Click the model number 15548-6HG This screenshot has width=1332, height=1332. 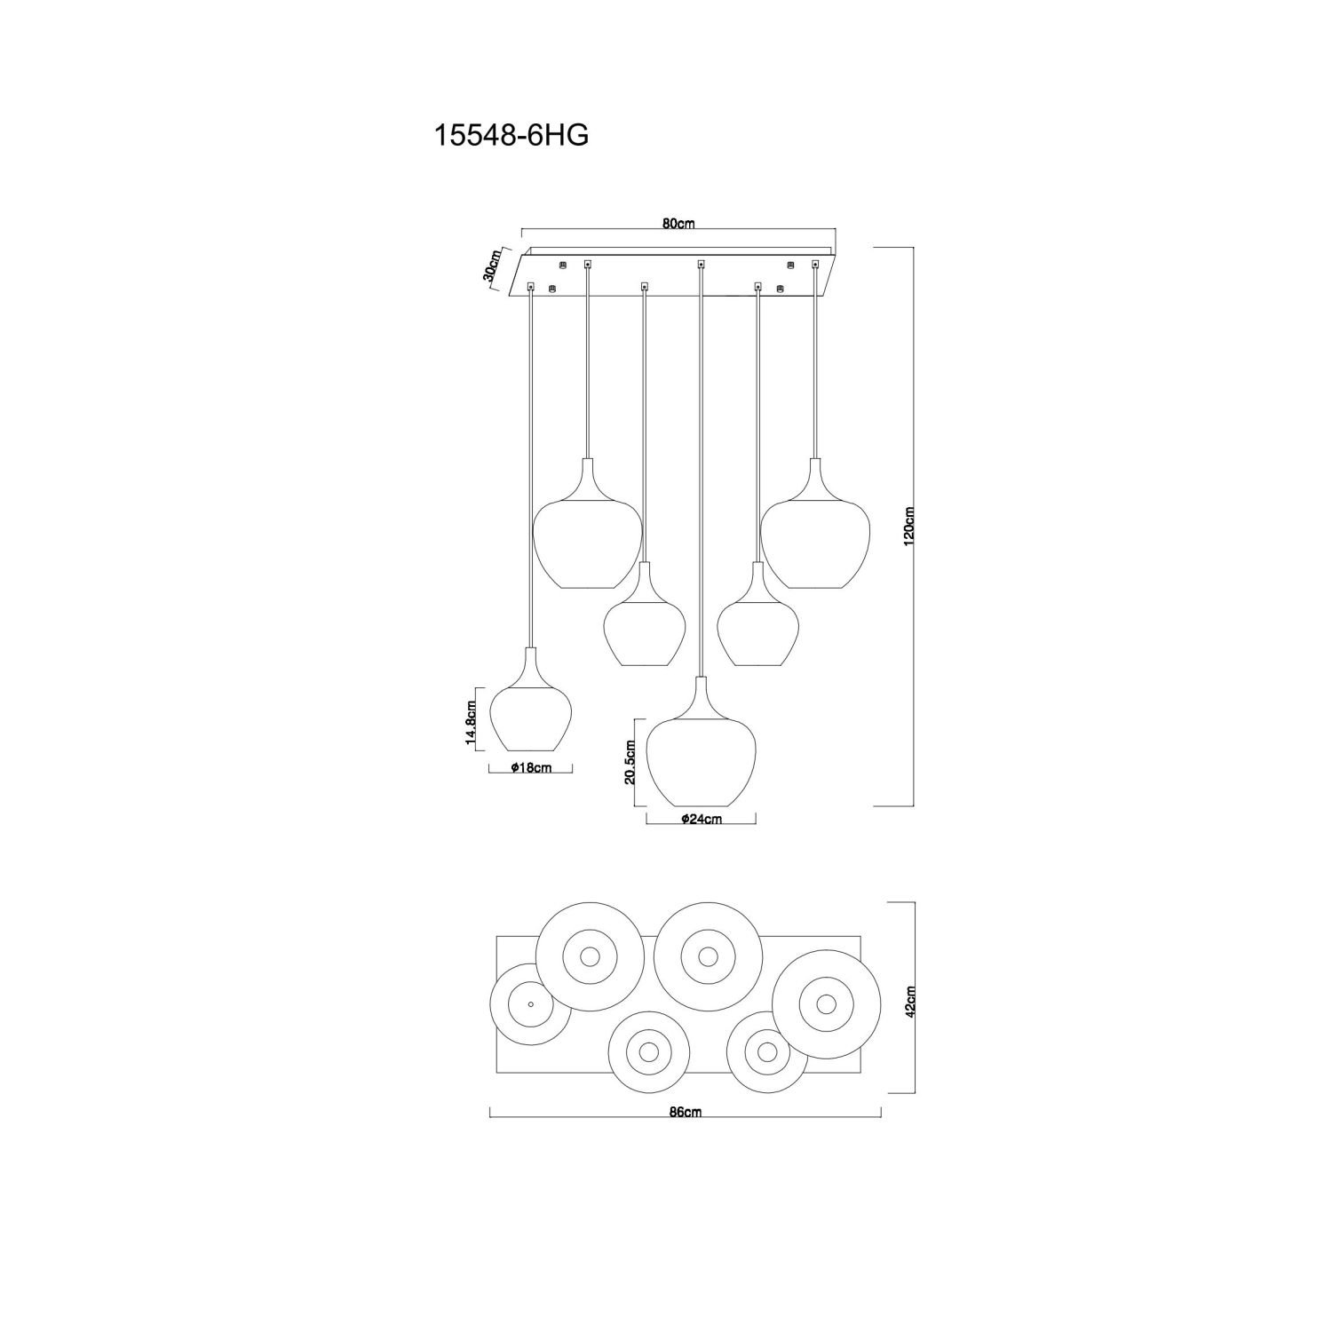(x=511, y=135)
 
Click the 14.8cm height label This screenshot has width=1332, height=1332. (x=472, y=721)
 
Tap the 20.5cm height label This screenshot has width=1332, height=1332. (x=630, y=763)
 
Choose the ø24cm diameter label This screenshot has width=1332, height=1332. (x=701, y=820)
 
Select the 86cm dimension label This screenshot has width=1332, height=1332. (x=687, y=1112)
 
